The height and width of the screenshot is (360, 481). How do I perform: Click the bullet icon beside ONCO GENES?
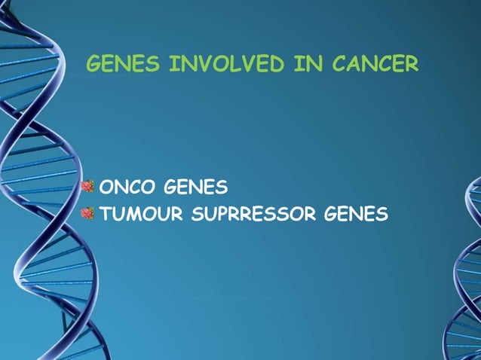[x=88, y=185]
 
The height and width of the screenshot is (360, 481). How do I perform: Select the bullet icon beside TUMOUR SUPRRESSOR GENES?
[x=88, y=214]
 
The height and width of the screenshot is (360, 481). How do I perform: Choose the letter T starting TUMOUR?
[x=106, y=215]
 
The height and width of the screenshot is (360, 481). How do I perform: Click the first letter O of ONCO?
[x=107, y=186]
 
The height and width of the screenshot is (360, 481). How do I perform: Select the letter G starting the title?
[x=95, y=65]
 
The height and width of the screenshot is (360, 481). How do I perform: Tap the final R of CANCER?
[x=410, y=65]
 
